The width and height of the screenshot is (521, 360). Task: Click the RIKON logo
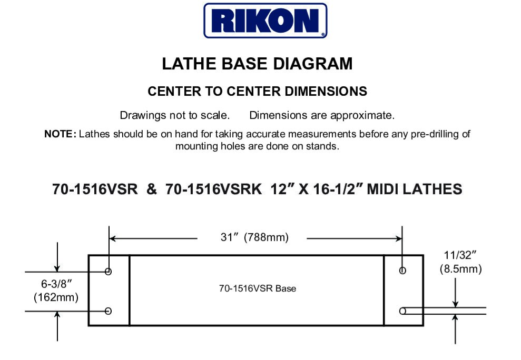tap(266, 21)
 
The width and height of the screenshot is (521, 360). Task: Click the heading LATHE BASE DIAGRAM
tap(257, 64)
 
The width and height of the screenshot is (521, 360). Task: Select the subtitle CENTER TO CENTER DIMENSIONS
tap(257, 91)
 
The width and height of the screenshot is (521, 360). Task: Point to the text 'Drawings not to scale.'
tap(174, 115)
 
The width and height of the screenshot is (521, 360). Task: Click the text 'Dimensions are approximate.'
tap(321, 115)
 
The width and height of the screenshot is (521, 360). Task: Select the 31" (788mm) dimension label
tap(254, 237)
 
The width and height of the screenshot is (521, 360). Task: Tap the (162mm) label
tap(56, 297)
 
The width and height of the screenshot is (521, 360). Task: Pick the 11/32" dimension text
tap(460, 256)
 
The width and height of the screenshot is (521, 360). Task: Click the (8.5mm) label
tap(460, 269)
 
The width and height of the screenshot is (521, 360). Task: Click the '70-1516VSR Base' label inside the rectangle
tap(257, 288)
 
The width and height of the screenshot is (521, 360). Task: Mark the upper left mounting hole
tap(109, 272)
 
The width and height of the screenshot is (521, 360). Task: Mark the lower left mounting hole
tap(109, 311)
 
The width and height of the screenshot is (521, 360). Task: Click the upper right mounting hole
tap(403, 271)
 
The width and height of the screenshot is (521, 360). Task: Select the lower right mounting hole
tap(403, 311)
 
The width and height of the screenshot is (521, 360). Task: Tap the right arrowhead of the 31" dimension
tap(399, 238)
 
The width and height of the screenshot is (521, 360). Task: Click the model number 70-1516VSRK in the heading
tap(213, 189)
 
